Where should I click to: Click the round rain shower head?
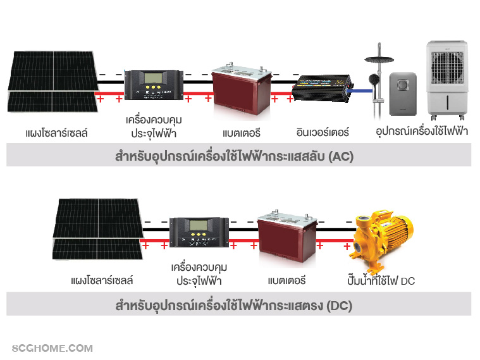[x=378, y=60]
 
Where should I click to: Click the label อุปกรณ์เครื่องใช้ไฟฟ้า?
[x=421, y=132]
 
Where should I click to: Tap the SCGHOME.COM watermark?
[x=52, y=348]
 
